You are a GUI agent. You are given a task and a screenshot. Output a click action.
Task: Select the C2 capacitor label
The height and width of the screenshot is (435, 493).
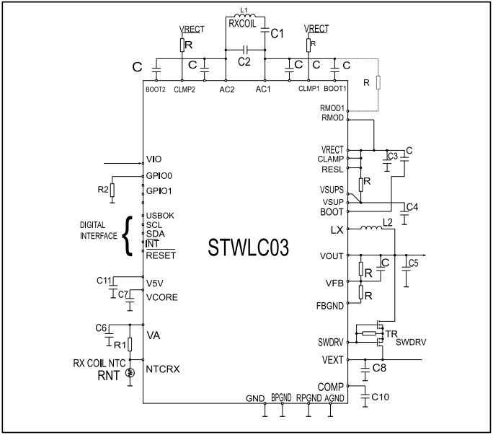(x=245, y=62)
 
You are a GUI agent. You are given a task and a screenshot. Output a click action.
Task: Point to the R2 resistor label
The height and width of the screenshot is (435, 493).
(x=104, y=189)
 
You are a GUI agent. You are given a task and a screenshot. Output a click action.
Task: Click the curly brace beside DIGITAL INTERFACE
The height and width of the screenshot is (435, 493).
(x=130, y=234)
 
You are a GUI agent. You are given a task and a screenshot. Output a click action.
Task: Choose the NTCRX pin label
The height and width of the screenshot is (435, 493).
(x=162, y=369)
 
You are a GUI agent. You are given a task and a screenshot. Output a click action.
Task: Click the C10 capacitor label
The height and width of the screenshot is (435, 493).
(x=380, y=397)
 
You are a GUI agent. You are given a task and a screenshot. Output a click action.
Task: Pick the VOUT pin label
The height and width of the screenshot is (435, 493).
(x=331, y=256)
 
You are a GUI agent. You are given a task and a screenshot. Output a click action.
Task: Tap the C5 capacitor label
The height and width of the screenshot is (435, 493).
(x=413, y=263)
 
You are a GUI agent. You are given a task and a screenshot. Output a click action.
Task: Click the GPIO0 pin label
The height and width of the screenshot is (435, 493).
(x=159, y=175)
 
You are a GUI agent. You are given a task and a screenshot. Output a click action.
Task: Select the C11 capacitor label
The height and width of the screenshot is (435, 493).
(x=104, y=280)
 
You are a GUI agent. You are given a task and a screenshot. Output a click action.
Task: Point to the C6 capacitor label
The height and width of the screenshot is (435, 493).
(x=101, y=328)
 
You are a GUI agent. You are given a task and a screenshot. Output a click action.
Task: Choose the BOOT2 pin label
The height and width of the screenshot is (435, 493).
(x=156, y=89)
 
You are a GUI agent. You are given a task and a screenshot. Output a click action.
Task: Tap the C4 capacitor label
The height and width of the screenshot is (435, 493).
(x=412, y=208)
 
